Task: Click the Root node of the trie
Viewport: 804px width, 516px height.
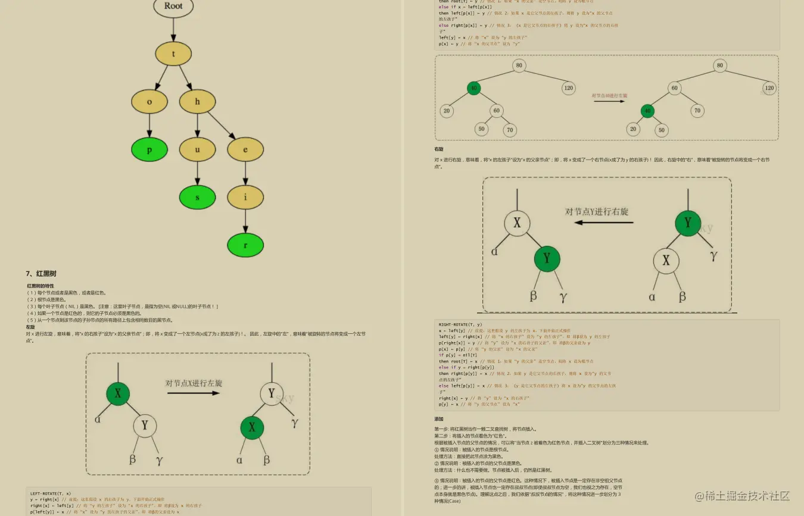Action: [173, 7]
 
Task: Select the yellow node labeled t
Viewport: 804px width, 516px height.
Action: [173, 54]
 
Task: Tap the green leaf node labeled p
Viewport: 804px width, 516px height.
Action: [149, 150]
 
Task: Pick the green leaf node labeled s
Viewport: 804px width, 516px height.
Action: [197, 197]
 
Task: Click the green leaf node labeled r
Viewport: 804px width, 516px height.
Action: [245, 245]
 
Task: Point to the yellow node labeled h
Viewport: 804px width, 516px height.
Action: [197, 101]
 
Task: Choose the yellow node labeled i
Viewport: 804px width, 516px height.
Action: [245, 197]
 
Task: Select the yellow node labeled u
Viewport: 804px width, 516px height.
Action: [197, 150]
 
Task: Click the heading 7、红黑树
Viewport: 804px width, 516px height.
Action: [41, 274]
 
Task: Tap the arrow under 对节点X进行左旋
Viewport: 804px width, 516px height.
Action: [193, 393]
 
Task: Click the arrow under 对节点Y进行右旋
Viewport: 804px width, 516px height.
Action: [603, 223]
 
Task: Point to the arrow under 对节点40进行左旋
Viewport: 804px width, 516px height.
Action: [609, 101]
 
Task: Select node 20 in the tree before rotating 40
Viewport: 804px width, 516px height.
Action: [447, 111]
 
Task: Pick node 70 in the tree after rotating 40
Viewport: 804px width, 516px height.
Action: [697, 110]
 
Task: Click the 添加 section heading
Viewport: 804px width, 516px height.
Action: [439, 419]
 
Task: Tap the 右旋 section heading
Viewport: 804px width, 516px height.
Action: [439, 149]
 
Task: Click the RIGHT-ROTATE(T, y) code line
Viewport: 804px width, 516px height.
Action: [461, 324]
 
